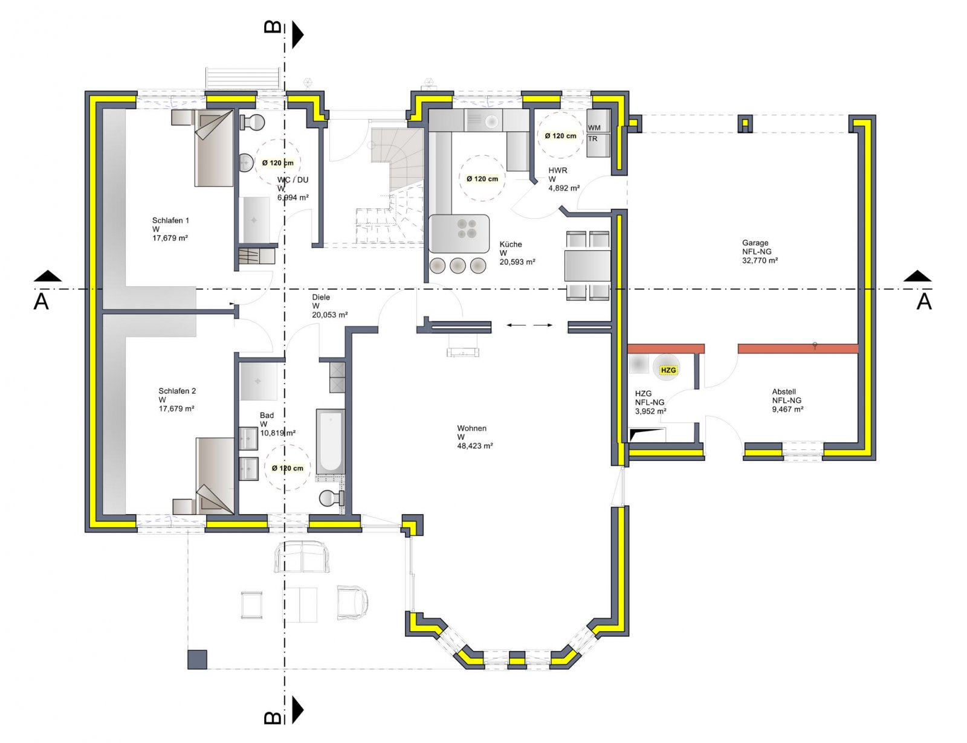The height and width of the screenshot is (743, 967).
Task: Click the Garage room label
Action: tap(755, 243)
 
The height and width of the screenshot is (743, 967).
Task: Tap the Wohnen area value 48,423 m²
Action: tap(475, 446)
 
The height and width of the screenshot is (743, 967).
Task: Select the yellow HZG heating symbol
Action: tap(668, 370)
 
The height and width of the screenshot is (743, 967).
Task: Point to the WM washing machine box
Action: tap(595, 127)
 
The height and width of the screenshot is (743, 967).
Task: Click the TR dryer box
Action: tap(593, 139)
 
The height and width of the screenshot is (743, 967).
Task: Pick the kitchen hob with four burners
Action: tap(466, 228)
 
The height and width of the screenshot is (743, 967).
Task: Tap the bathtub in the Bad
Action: tap(331, 441)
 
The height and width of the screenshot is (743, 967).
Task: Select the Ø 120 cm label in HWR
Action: tap(560, 136)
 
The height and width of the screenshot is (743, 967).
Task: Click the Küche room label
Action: tap(511, 244)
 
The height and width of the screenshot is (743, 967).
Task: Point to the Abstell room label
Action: tap(784, 391)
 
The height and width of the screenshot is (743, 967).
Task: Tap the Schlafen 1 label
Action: tap(170, 220)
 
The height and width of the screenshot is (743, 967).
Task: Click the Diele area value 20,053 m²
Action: tap(329, 315)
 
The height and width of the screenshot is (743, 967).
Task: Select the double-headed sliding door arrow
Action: tap(529, 326)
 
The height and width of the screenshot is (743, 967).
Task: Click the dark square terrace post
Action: tap(197, 659)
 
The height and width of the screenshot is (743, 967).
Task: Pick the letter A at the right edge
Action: tap(924, 301)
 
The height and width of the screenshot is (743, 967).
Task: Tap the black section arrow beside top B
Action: tap(297, 34)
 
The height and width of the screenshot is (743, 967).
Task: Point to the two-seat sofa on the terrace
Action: tap(302, 557)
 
